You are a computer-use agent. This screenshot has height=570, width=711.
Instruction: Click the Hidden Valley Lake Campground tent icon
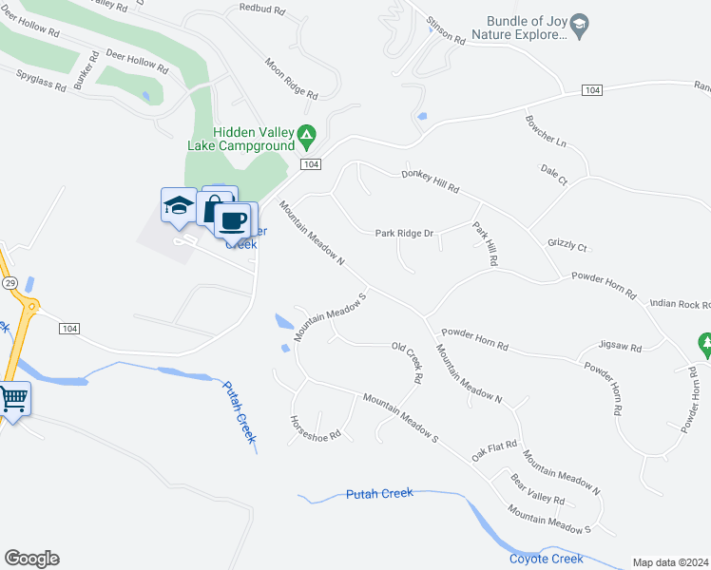tap(306, 138)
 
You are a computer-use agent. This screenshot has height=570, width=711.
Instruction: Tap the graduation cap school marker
tap(179, 205)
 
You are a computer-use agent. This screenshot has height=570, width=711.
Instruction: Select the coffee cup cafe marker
tap(232, 221)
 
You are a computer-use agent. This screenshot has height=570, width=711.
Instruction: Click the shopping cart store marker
tap(13, 398)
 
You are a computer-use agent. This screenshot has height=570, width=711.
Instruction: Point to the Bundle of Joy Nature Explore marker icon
tap(581, 22)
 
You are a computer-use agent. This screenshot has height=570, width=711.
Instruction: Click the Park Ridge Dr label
tap(404, 233)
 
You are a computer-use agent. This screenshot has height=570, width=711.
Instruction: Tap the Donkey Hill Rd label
tap(430, 180)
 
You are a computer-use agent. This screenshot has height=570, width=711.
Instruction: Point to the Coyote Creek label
tap(546, 559)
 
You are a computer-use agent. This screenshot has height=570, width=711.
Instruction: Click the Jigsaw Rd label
tap(621, 347)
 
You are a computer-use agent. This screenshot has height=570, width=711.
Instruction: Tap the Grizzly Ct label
tap(567, 244)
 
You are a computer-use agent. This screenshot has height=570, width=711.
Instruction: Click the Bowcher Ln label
tap(545, 132)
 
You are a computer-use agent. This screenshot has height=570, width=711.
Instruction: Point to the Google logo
tap(31, 559)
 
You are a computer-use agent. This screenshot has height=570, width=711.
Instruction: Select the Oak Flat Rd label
tap(494, 447)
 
